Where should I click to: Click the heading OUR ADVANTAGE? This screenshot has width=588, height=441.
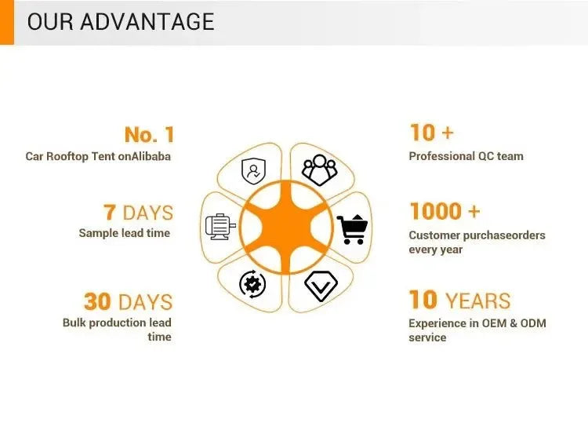[x=121, y=21]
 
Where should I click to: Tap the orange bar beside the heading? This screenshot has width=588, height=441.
[x=7, y=22]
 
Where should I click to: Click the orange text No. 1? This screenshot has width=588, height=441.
[x=149, y=135]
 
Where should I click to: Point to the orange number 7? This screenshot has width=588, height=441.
[x=109, y=212]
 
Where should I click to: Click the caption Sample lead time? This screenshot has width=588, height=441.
[x=125, y=233]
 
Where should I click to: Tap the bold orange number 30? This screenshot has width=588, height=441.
[x=97, y=301]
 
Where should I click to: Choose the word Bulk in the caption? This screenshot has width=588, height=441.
[x=74, y=323]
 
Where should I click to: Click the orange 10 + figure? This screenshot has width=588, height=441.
[x=432, y=133]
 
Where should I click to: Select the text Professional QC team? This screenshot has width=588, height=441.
[x=466, y=156]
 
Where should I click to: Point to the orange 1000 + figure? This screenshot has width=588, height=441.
[x=445, y=211]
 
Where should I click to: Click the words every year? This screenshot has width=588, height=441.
[x=436, y=250]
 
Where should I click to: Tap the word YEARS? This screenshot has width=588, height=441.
[x=477, y=301]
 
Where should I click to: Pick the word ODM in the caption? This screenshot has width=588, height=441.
[x=533, y=323]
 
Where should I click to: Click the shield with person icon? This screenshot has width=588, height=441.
[x=253, y=171]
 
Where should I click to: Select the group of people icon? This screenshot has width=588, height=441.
[x=319, y=170]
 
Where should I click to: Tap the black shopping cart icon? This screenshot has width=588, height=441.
[x=352, y=229]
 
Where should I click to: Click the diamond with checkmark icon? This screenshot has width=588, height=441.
[x=321, y=286]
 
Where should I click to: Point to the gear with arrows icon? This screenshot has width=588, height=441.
[x=252, y=284]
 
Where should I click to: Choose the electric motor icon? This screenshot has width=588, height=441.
[x=220, y=227]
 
